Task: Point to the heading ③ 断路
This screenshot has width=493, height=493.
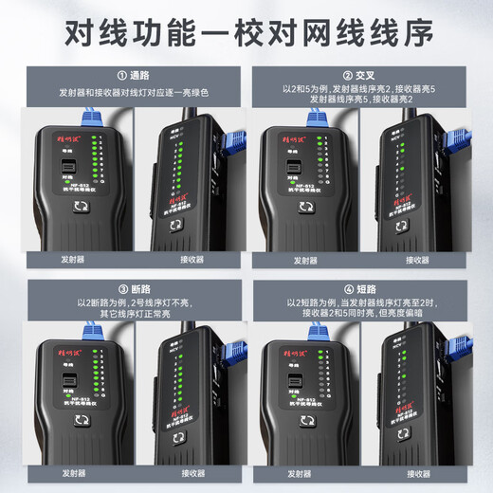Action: click(x=124, y=288)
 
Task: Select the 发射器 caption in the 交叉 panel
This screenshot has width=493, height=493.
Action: click(x=305, y=259)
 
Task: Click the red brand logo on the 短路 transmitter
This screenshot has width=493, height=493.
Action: click(x=298, y=348)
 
